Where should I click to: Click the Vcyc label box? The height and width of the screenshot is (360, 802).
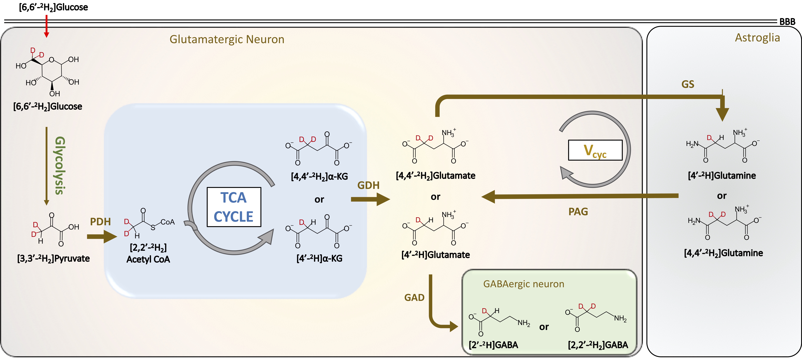[x=595, y=150]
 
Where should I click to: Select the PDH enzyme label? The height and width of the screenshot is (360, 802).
[x=100, y=222]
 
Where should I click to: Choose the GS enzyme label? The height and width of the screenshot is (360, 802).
[x=688, y=84]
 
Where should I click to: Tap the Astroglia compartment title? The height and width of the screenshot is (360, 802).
[x=757, y=38]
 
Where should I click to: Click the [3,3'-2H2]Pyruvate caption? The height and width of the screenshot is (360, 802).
[x=54, y=259]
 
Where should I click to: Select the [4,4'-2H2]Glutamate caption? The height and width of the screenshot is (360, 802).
[x=436, y=176]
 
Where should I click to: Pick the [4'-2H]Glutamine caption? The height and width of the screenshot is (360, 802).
[x=722, y=176]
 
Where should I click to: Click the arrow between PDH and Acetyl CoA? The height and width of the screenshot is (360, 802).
[x=102, y=237]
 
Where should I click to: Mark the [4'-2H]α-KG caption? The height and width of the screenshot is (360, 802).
[x=319, y=259]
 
